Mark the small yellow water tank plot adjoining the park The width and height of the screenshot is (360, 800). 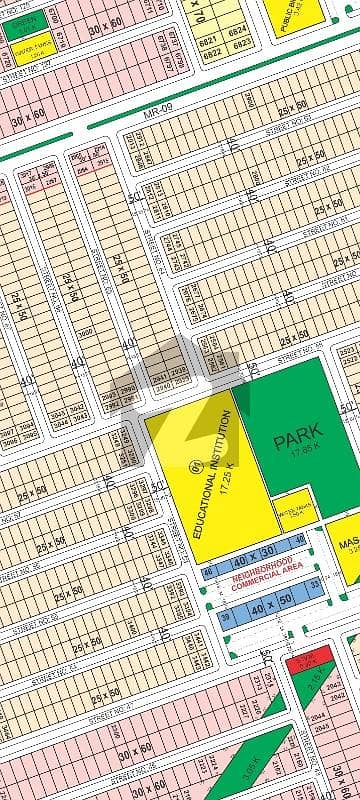295,504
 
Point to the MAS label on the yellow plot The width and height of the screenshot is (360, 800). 348,546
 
